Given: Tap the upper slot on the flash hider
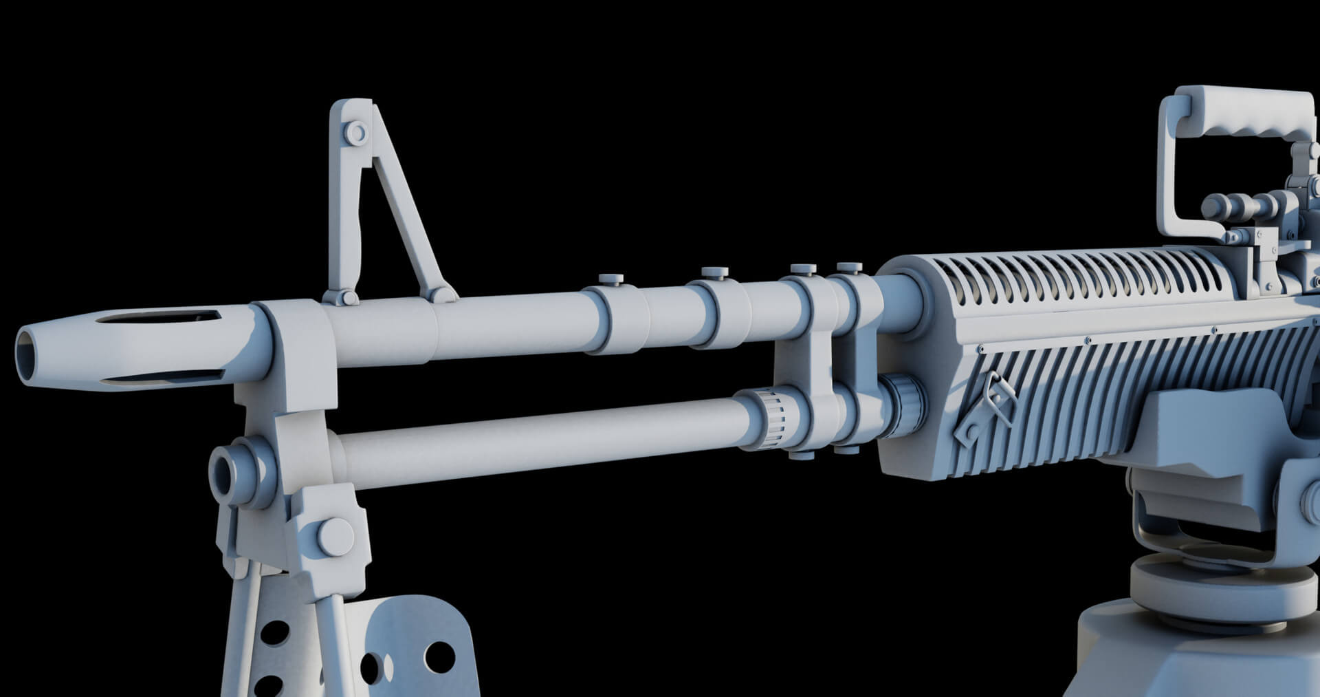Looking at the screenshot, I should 158,318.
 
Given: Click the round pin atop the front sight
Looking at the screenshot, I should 357,132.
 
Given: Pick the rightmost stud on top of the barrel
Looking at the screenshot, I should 849,267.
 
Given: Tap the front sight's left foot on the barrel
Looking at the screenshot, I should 338,297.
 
